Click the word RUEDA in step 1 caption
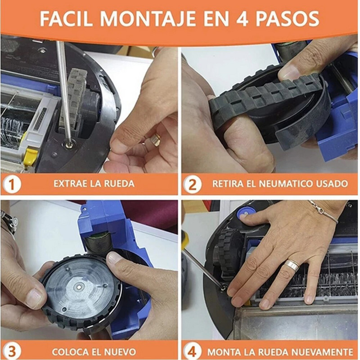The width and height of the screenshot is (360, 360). pyautogui.click(x=118, y=184)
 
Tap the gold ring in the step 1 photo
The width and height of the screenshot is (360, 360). pyautogui.click(x=155, y=139)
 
